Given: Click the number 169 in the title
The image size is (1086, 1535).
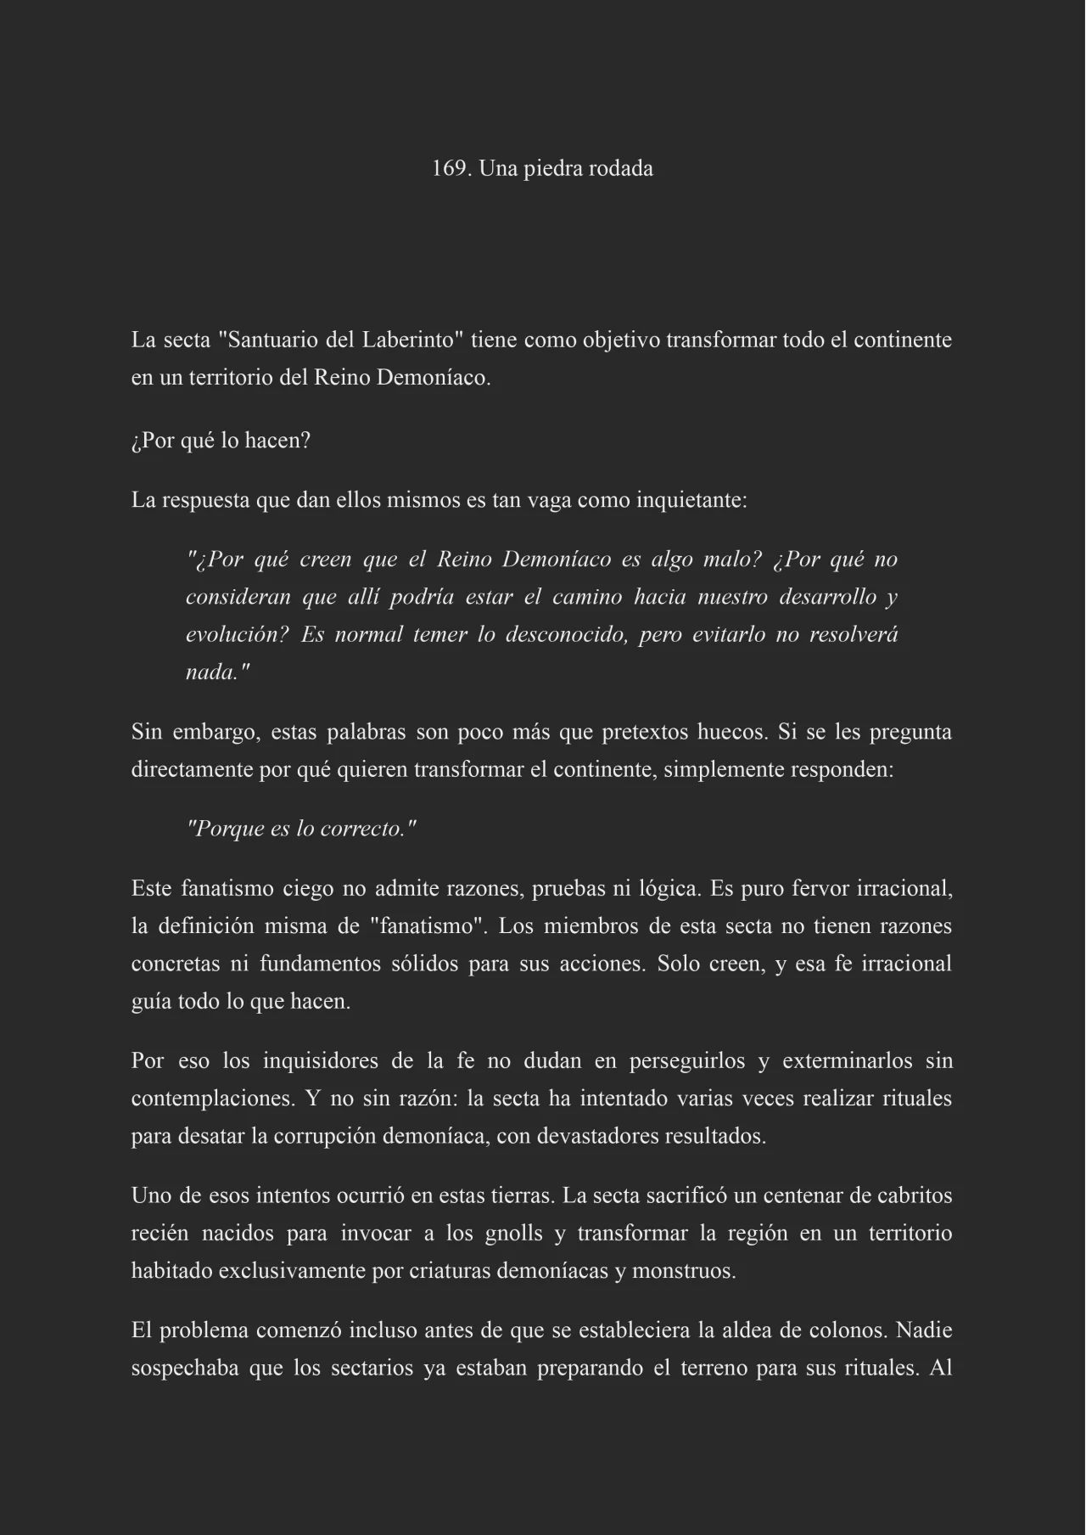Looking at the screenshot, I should (x=449, y=169).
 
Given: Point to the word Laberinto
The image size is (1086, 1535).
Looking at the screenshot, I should (x=412, y=340).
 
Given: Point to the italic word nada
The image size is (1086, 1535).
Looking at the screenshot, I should (x=213, y=672).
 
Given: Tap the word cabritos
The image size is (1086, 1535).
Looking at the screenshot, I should (x=914, y=1196).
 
